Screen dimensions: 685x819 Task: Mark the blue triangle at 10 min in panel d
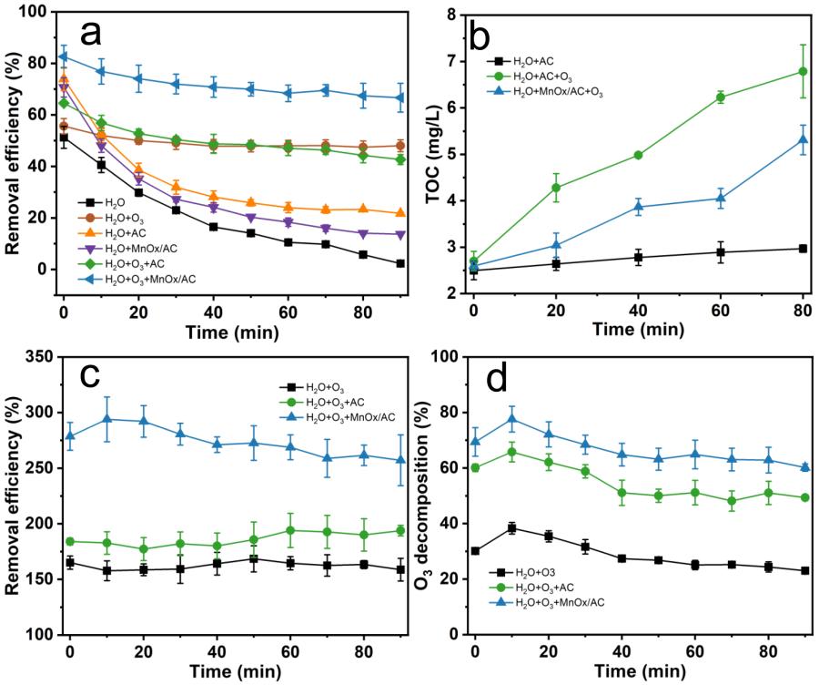pos(512,419)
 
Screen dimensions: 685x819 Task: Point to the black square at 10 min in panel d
pos(512,527)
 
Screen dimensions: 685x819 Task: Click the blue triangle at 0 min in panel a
pos(64,56)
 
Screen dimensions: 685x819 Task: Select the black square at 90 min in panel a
pos(400,263)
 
